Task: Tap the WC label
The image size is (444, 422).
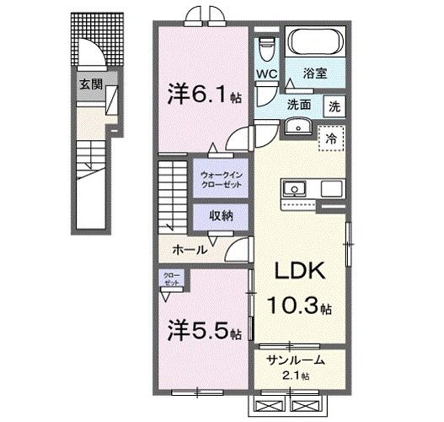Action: [x=267, y=74]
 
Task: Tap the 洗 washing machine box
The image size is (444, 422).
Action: [x=335, y=107]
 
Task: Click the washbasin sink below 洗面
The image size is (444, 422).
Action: [x=297, y=126]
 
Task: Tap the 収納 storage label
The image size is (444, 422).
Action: [x=221, y=217]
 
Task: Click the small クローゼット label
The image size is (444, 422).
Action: [x=171, y=279]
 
